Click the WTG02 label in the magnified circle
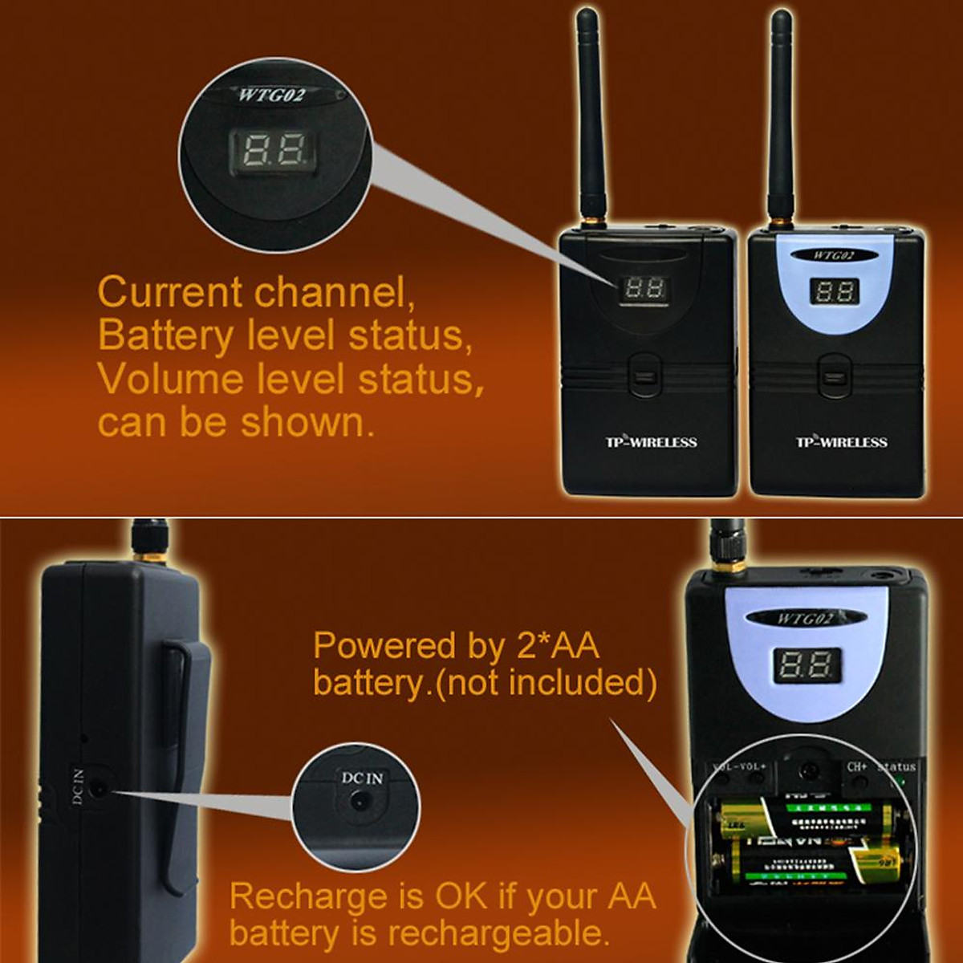(x=270, y=95)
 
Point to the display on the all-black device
(x=645, y=288)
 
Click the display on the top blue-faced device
(x=835, y=291)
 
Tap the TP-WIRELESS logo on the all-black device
(x=650, y=442)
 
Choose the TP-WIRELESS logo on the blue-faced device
(x=841, y=442)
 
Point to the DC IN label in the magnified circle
(x=362, y=778)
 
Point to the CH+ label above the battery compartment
(x=856, y=766)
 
